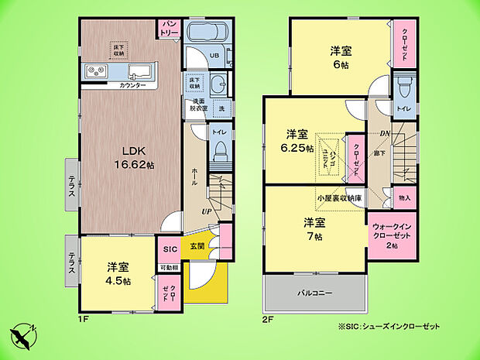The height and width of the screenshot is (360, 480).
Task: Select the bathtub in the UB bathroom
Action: (x=206, y=34)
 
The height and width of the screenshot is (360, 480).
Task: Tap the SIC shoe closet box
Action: (x=170, y=249)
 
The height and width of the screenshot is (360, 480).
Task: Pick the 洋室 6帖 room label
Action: (x=341, y=57)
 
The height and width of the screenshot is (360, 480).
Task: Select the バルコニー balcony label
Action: (x=314, y=294)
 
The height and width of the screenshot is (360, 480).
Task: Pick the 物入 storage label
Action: (x=404, y=198)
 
